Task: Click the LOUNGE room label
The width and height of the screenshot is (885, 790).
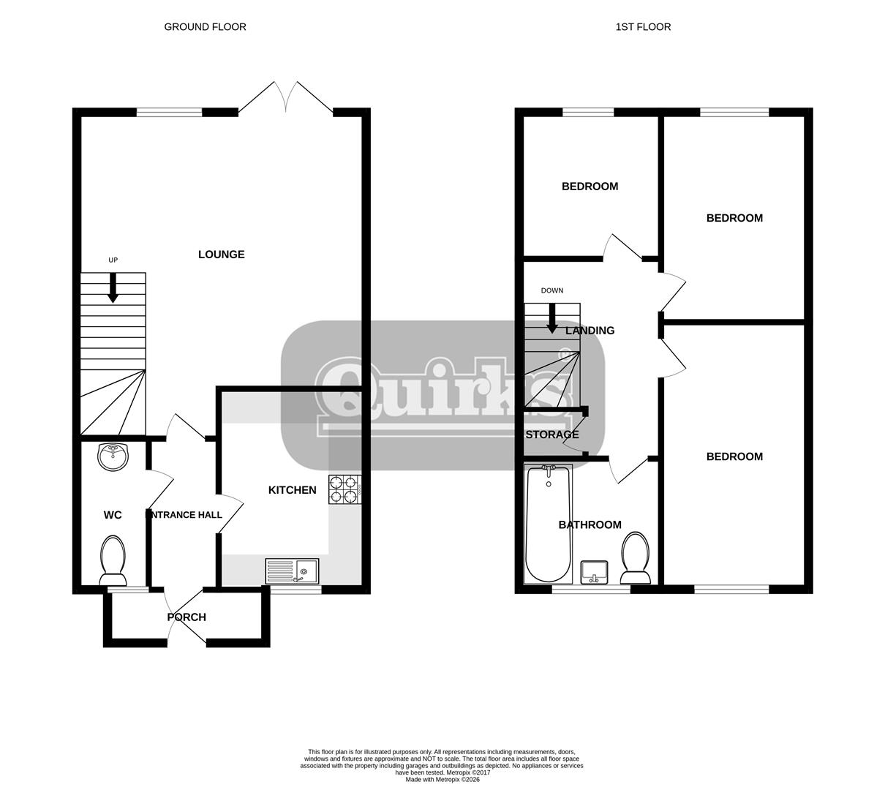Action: (221, 255)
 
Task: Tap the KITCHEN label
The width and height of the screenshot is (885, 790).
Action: (292, 490)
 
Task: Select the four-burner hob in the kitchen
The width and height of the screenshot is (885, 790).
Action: (345, 490)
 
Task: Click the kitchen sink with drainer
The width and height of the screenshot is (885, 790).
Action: (292, 571)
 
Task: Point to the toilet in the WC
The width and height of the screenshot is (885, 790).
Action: (113, 560)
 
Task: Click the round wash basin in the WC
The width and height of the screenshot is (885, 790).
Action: (113, 457)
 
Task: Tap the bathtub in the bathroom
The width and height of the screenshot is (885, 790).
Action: (548, 524)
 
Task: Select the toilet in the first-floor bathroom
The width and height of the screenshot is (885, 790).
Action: (635, 557)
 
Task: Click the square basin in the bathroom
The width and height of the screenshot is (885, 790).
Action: (594, 572)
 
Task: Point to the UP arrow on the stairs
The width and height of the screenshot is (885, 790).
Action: (113, 287)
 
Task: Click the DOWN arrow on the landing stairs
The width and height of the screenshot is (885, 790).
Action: (552, 318)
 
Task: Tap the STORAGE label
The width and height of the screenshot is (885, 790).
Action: (552, 434)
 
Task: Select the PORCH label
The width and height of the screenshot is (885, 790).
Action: (187, 617)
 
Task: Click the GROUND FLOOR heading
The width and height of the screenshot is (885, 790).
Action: (205, 27)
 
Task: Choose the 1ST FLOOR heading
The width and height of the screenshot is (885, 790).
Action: (643, 27)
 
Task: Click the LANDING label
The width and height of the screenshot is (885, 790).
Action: (590, 331)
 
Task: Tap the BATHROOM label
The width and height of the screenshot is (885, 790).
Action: (590, 524)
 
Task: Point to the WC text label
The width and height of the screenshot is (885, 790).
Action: (113, 515)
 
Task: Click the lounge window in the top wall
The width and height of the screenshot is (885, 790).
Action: (170, 113)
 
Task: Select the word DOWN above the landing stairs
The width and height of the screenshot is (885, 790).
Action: (552, 290)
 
